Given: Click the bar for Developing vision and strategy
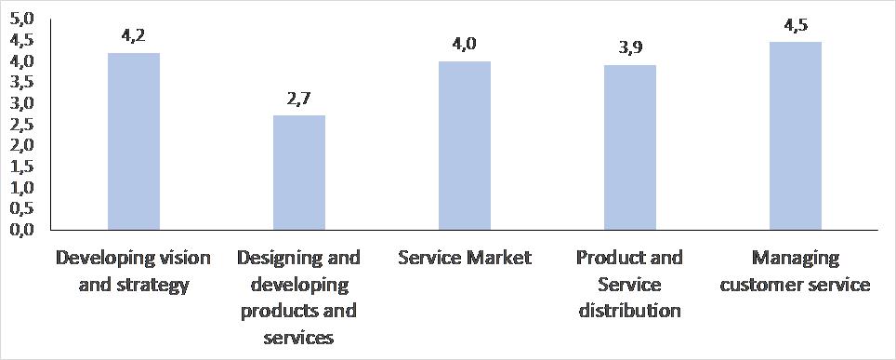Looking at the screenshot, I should pos(134,140).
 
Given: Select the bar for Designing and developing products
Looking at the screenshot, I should pos(299,172).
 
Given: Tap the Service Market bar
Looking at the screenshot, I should pos(465,145).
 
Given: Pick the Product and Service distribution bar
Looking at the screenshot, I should pos(630,147).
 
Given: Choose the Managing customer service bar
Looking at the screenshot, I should pos(796,135).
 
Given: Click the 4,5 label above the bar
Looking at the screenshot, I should pos(796,25).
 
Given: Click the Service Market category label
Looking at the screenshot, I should pos(465,258).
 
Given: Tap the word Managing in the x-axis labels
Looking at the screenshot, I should pos(796,258).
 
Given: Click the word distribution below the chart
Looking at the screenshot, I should pos(630,310).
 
